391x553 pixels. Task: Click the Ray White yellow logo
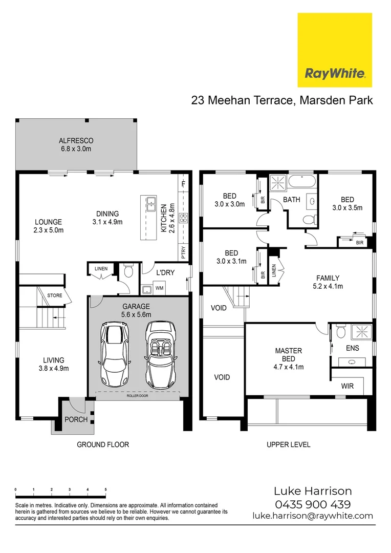[x=335, y=50]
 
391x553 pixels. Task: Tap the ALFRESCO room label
[x=75, y=140]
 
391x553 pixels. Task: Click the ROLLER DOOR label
[x=138, y=396]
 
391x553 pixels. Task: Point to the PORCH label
[x=76, y=419]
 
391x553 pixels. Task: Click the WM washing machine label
[x=159, y=289]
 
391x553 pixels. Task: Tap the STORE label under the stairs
[x=55, y=295]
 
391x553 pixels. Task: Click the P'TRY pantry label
[x=183, y=252]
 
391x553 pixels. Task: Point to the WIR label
[x=347, y=387]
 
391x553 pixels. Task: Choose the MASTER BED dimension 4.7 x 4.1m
[x=289, y=367]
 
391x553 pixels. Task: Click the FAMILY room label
[x=328, y=278]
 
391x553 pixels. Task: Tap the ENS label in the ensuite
[x=352, y=348]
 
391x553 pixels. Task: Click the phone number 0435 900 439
[x=313, y=504]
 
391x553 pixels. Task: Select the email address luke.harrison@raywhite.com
[x=313, y=516]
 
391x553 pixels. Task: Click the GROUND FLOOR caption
[x=103, y=444]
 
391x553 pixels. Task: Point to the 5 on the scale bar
[x=105, y=490]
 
